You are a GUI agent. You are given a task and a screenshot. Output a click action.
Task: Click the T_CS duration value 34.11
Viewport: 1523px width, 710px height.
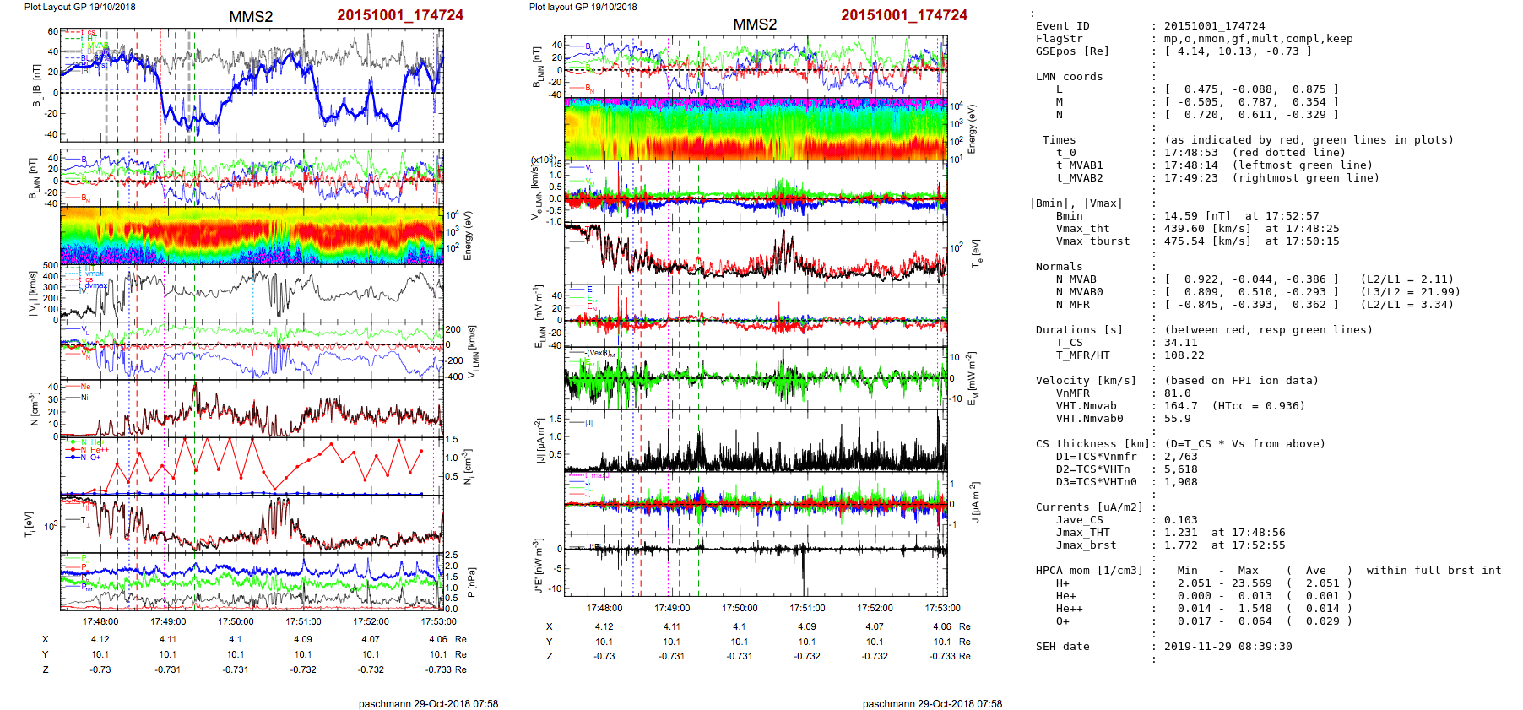1180,343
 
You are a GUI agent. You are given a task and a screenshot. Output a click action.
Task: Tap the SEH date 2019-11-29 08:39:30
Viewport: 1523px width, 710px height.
1228,647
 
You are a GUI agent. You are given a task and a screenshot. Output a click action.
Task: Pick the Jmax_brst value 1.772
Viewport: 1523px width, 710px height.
1180,545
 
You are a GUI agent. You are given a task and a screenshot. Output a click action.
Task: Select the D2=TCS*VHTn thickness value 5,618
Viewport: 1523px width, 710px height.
1180,469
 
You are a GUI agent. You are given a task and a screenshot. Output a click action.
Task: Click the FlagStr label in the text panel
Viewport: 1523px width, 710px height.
1059,39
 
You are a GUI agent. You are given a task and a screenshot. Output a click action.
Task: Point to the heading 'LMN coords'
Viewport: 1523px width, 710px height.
1069,77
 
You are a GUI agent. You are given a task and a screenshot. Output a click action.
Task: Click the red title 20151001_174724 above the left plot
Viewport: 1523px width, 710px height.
400,15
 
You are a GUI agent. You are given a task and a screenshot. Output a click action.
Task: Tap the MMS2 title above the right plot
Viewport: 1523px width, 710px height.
755,24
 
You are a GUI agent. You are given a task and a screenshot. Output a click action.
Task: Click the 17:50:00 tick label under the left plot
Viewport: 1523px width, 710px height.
236,622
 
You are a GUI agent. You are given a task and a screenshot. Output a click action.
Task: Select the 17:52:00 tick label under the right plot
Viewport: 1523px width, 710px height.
875,608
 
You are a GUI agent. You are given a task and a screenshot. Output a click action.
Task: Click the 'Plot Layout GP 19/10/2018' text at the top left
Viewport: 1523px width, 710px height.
79,7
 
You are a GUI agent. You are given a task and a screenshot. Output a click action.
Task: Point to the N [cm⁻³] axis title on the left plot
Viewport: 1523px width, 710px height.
33,409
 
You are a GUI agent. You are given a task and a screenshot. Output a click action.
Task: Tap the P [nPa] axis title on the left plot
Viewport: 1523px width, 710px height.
472,583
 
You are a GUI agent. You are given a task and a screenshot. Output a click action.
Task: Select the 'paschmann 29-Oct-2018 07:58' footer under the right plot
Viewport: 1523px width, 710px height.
932,703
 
